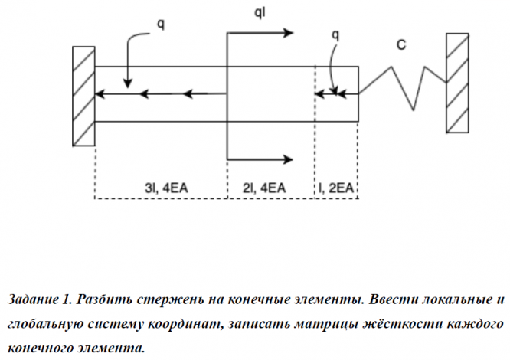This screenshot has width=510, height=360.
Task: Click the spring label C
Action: (401, 44)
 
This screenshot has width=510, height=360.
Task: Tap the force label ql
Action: (260, 13)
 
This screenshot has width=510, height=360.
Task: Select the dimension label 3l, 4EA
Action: (166, 188)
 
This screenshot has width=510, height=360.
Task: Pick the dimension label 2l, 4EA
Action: (263, 188)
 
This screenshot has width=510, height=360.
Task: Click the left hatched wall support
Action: (83, 97)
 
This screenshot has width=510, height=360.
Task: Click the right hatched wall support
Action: (457, 83)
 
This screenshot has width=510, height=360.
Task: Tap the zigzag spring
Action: (402, 87)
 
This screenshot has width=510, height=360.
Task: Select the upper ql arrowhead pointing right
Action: (289, 33)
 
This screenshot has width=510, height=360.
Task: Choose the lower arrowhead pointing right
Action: (289, 159)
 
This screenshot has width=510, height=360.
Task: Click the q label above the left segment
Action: (161, 25)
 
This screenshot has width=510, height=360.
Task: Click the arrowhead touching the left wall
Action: (100, 94)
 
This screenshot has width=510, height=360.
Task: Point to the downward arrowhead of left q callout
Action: (128, 83)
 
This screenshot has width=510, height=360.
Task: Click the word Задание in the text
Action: (32, 299)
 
